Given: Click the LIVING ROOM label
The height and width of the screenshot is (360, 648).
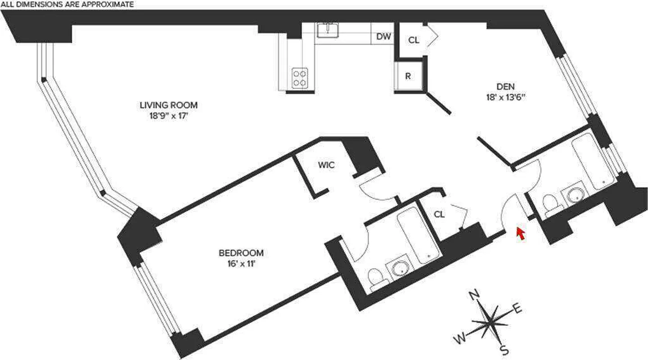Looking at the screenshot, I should (168, 105).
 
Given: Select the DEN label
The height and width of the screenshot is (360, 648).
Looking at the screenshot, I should (505, 86).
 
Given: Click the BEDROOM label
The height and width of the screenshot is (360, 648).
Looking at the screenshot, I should (241, 253).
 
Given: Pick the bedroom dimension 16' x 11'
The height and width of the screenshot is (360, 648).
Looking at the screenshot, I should (241, 264).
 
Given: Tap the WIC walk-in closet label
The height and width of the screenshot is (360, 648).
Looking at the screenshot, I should (326, 165).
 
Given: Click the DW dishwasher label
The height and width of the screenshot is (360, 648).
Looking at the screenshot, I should (383, 37).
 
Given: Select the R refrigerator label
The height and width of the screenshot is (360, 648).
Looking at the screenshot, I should (408, 76).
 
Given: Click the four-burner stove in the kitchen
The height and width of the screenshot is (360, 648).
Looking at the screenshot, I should (299, 77).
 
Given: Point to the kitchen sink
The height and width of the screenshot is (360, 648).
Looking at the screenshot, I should (328, 30).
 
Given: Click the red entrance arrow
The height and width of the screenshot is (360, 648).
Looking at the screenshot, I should (521, 233).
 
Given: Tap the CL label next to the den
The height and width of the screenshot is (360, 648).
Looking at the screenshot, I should (414, 40).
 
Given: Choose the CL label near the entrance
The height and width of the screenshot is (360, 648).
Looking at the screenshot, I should (439, 215).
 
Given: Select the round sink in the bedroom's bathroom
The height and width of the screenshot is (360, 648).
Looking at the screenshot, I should (399, 269).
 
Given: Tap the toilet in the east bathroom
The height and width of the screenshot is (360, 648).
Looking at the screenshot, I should (551, 203).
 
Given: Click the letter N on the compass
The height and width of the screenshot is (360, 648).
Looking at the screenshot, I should (473, 295).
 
